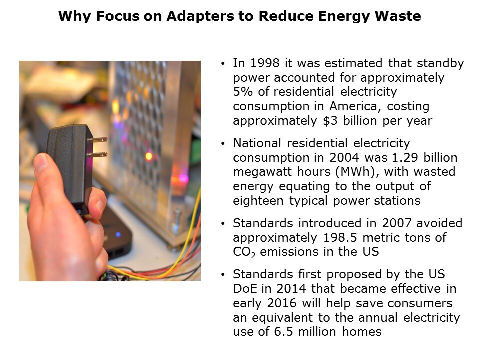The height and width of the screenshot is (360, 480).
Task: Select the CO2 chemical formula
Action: pos(244,252)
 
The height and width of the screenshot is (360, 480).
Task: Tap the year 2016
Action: pos(282,303)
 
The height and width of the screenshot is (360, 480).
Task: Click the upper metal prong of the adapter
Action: pos(97,140)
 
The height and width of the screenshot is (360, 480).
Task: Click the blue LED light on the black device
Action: pos(118,235)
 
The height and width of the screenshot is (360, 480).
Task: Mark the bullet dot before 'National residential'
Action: pos(223,144)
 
